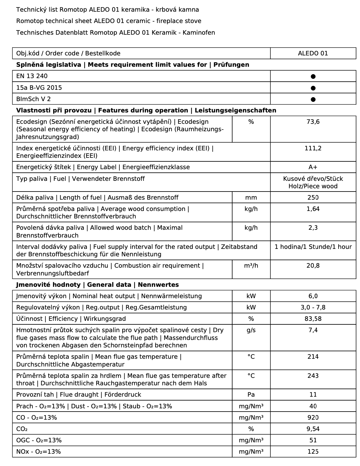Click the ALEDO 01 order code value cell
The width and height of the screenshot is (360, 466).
coord(313,53)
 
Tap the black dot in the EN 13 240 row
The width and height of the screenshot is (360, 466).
coord(313,76)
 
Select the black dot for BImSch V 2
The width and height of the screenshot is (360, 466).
coord(313,99)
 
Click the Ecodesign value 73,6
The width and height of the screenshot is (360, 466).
coord(313,122)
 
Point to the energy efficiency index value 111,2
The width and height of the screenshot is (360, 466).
coord(313,148)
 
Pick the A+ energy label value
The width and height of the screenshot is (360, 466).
coord(313,167)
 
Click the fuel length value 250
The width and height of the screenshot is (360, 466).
coord(313,198)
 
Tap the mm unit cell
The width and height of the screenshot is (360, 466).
coord(251,198)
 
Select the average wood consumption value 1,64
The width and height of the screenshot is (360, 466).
coord(313,209)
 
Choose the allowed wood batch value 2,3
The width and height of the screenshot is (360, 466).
coord(313,228)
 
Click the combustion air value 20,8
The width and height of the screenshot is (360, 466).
coord(313,266)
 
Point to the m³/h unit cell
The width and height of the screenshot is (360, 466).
coord(251,266)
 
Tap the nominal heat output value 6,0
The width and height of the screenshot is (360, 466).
coord(313,296)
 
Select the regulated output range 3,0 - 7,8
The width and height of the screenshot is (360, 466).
coord(313,308)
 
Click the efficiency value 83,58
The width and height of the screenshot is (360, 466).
coord(313,319)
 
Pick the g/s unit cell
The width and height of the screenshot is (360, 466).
coord(251,330)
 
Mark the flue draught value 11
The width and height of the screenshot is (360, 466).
coord(313,395)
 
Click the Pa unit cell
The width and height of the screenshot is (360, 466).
coord(251,395)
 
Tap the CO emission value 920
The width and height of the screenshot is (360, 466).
coord(313,418)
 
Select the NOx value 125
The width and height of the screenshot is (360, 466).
coord(313,452)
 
